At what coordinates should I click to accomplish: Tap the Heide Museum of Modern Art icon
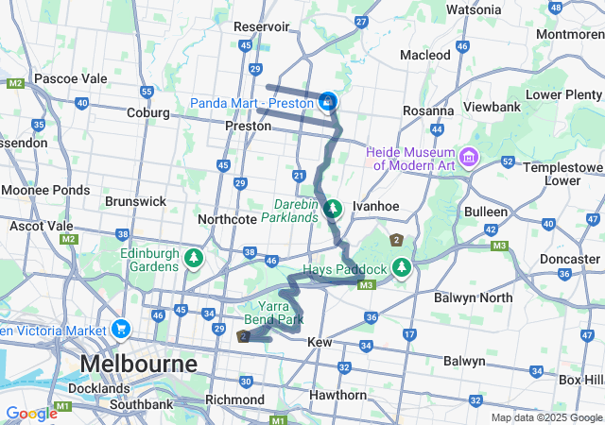pos(469,155)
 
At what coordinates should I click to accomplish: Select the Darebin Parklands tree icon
pos(332,208)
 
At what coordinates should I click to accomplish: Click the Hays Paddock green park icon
pos(402,268)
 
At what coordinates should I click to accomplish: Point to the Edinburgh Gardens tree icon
pos(194,258)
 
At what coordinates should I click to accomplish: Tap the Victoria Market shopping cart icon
pos(120,330)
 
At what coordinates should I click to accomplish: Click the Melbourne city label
pos(139,364)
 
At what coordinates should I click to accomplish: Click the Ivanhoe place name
pos(372,205)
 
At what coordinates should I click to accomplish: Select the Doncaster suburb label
pos(569,258)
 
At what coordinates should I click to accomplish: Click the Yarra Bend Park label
pos(281,313)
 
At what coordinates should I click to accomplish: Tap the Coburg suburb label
pos(148,112)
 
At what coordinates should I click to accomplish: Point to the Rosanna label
pos(428,110)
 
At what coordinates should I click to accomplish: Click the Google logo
pos(31,413)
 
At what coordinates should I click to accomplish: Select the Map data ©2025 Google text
pos(545,417)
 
